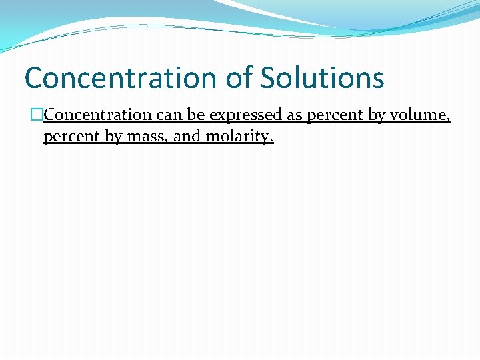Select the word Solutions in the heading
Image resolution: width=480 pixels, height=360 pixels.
(321, 77)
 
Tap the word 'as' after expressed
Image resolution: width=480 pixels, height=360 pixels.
(295, 115)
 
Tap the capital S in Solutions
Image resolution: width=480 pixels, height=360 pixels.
(269, 77)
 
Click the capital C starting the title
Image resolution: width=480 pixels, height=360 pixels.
(34, 77)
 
